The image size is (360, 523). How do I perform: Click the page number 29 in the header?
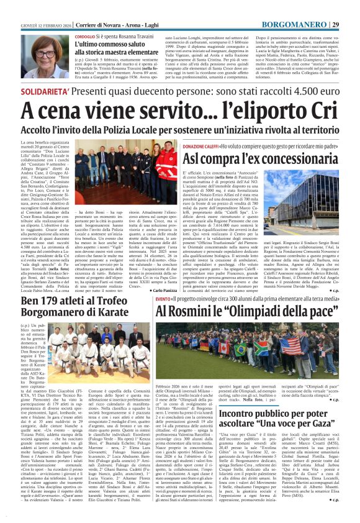[x=352, y=7]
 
